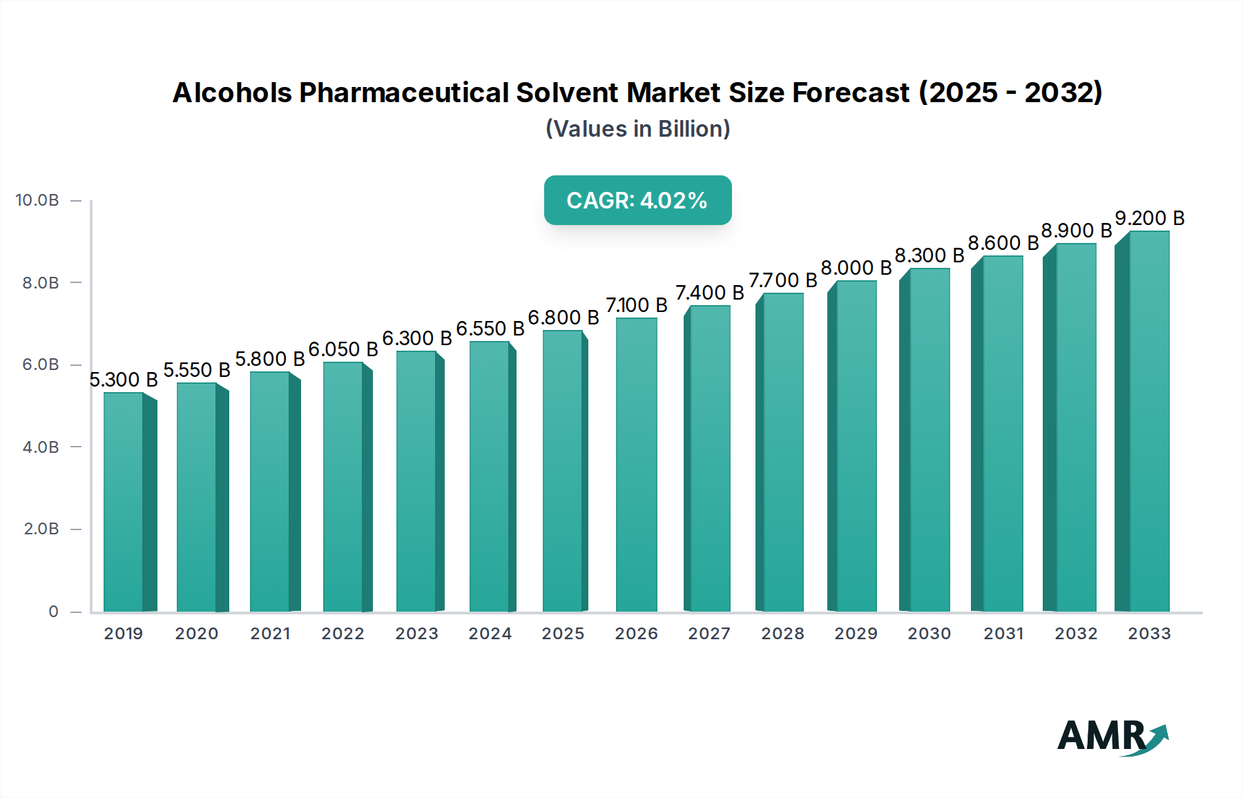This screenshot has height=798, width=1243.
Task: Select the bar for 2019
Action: click(124, 503)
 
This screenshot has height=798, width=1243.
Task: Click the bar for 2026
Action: click(636, 465)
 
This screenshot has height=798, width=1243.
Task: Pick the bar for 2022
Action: click(343, 487)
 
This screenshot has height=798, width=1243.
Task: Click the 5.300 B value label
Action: click(124, 380)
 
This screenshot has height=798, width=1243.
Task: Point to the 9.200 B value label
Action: click(1150, 218)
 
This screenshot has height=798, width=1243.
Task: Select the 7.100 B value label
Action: click(636, 305)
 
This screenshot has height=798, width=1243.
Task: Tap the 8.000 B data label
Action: click(856, 268)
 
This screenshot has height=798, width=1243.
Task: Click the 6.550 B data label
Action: click(490, 329)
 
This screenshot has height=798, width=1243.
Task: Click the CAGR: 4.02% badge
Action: click(637, 200)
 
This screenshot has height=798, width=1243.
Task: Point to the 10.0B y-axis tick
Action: click(37, 200)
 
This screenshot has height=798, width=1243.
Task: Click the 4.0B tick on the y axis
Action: click(41, 447)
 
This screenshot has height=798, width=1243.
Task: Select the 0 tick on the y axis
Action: click(53, 612)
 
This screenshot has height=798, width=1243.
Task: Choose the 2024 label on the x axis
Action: click(490, 634)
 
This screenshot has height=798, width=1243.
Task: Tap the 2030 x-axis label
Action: click(929, 634)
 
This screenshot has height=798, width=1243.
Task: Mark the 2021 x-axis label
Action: click(270, 634)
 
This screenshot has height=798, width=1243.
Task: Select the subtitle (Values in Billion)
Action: click(637, 129)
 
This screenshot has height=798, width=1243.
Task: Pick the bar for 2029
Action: click(856, 447)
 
